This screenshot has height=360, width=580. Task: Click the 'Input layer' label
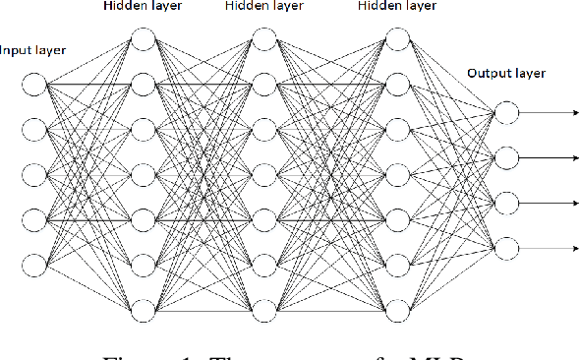tap(33, 49)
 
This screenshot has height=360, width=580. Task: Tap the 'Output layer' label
tap(505, 73)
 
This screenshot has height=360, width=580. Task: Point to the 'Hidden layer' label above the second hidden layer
tap(263, 7)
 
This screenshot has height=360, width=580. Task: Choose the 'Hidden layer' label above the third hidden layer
tap(395, 7)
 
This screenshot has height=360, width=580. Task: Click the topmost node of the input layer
tap(33, 87)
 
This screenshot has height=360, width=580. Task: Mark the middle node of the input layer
tap(33, 176)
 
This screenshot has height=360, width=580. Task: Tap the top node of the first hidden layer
tap(143, 40)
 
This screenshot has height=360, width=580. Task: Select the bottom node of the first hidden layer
tap(143, 310)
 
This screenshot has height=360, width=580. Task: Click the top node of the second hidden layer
tap(263, 40)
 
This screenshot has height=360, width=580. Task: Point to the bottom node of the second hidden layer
tap(263, 310)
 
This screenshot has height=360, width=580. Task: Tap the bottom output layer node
tap(505, 246)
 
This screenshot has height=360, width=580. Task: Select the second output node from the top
tap(505, 156)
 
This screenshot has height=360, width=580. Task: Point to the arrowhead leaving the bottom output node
tap(574, 246)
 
